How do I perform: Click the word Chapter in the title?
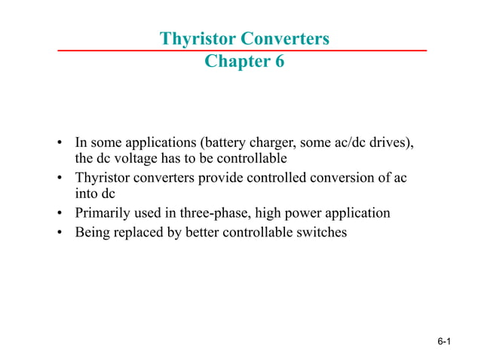(231, 62)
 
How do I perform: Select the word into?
(85, 195)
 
